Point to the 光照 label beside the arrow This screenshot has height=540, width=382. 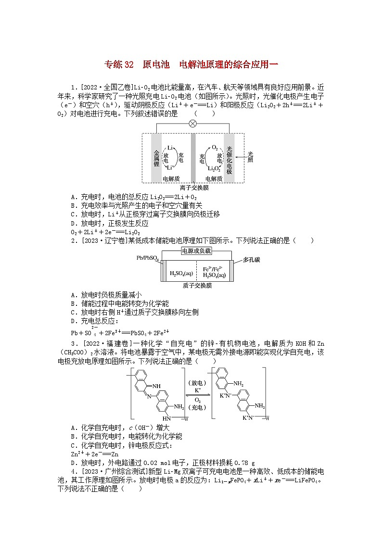coord(250,157)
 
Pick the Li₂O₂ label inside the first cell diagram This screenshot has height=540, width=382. coord(214,168)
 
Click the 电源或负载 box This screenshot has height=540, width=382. coord(196,251)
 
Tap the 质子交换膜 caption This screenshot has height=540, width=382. coord(197,285)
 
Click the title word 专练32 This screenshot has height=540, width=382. coord(118,64)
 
